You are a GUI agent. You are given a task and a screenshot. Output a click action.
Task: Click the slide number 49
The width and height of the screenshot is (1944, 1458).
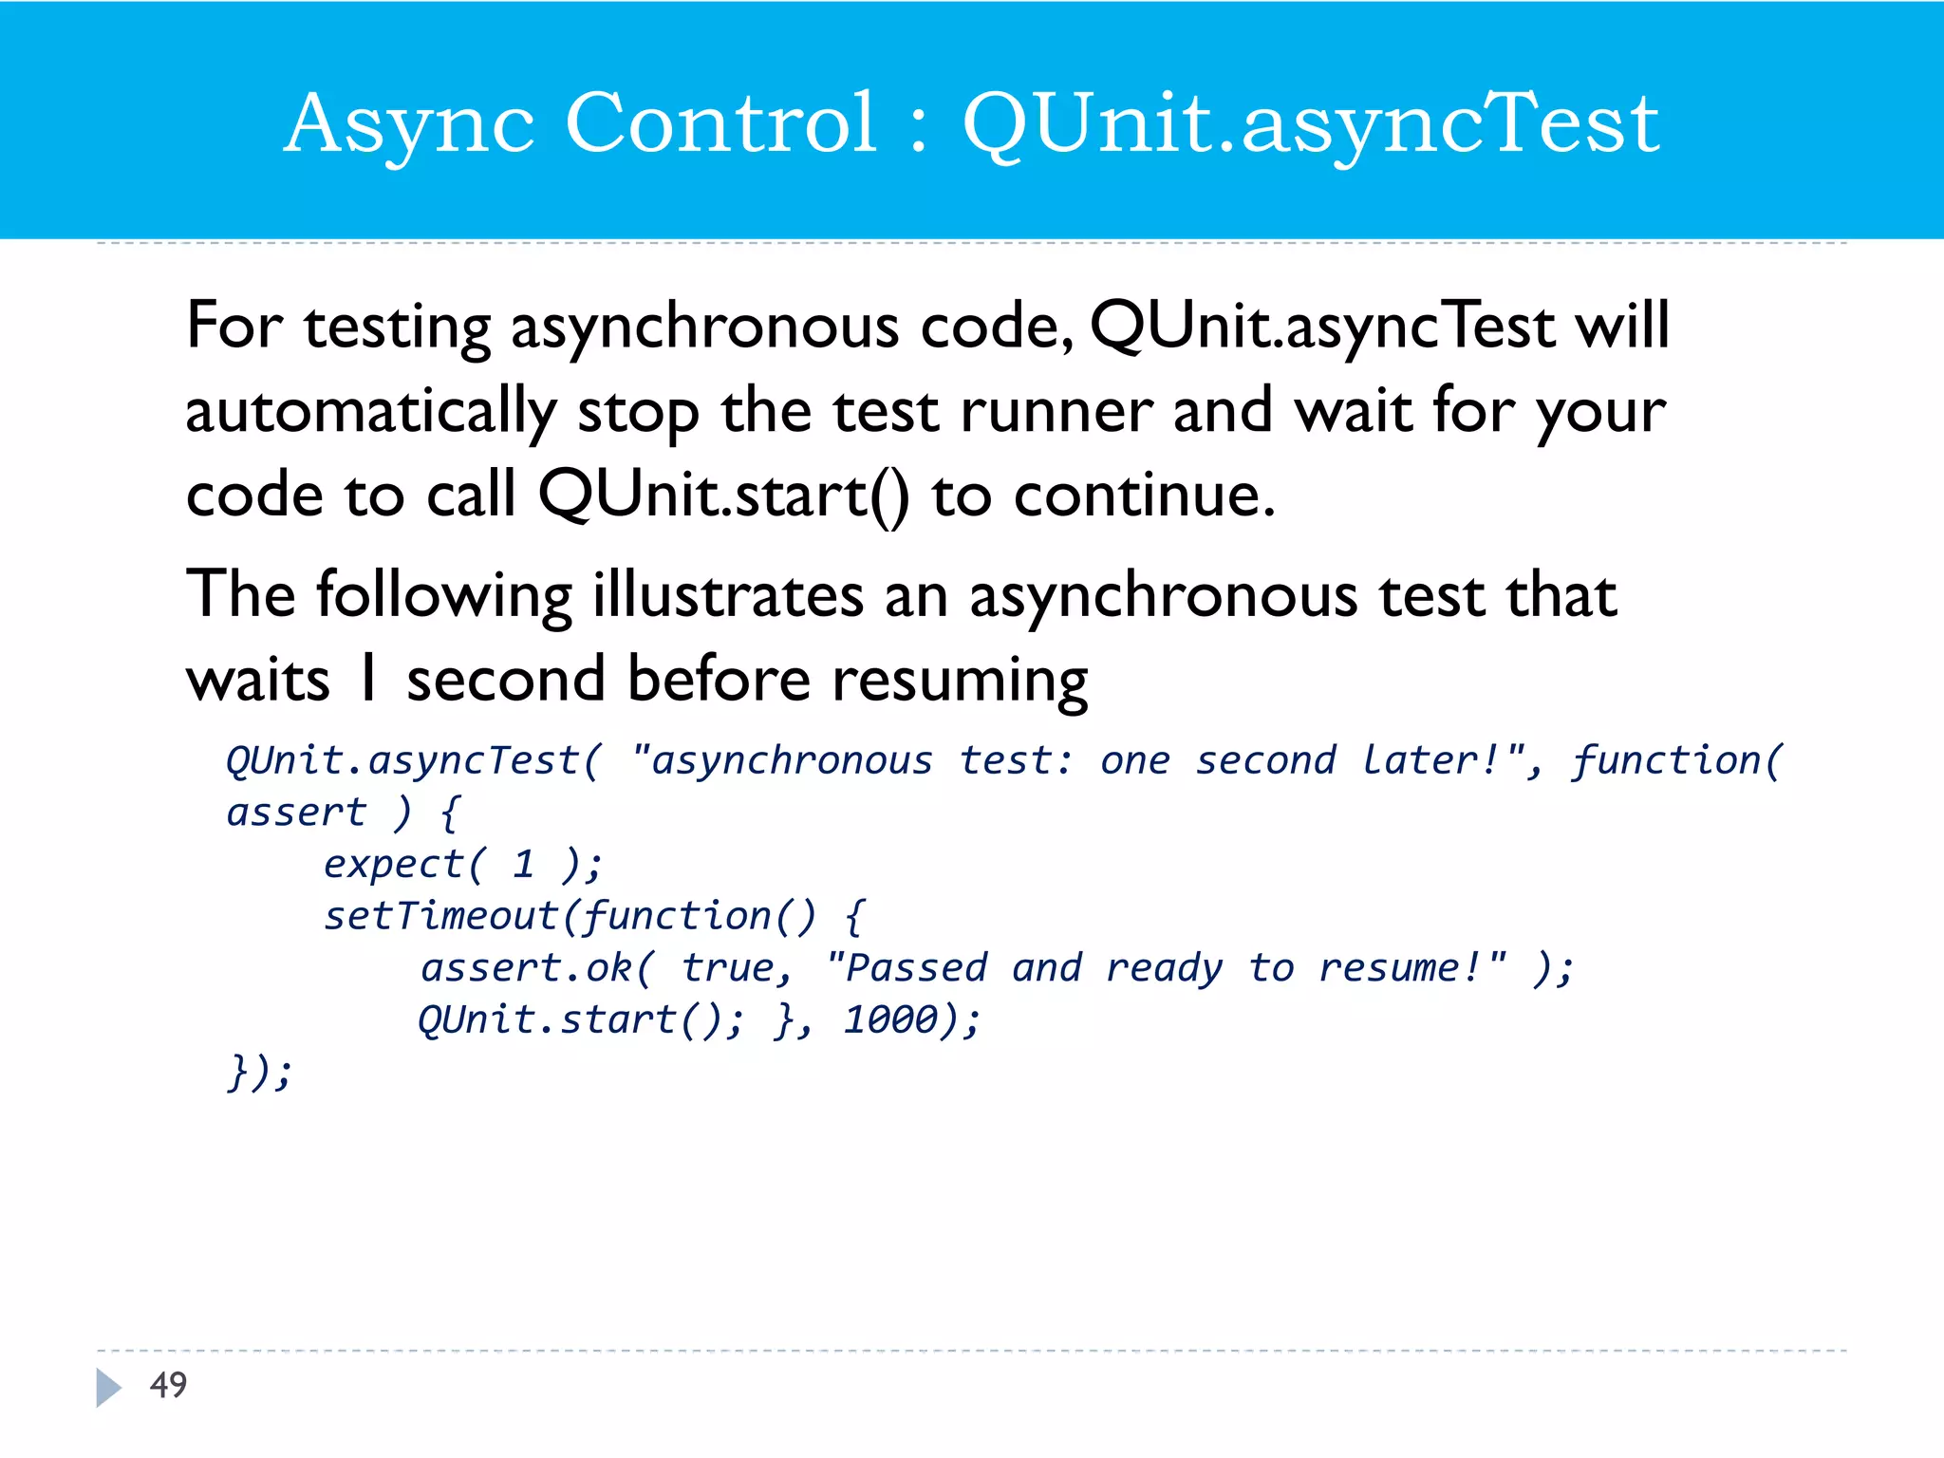pos(169,1385)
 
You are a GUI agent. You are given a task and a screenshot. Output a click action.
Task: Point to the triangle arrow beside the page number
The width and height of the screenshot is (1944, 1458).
pos(108,1387)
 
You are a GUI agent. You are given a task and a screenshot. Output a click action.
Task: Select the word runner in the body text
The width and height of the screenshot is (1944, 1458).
pos(1056,411)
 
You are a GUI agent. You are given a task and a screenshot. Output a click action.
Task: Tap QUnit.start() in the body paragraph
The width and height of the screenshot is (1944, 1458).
pos(723,495)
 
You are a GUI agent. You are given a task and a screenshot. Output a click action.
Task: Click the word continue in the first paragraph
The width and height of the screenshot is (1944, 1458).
pos(1143,495)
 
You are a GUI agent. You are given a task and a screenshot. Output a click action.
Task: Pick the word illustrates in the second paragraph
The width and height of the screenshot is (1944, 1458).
pos(728,595)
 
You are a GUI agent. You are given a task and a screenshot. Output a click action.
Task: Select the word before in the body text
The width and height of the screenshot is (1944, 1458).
pos(720,679)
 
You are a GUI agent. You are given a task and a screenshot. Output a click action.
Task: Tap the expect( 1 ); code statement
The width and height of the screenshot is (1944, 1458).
pos(462,864)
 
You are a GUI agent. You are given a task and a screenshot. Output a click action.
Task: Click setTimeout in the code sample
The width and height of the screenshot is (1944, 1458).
pos(440,916)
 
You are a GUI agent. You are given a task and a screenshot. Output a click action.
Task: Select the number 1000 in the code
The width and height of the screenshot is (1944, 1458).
pos(891,1019)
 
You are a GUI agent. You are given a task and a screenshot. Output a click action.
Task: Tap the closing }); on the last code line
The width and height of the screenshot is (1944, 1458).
pos(259,1073)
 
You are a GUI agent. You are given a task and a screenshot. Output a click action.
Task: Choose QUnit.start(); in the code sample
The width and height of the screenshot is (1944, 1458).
pos(581,1019)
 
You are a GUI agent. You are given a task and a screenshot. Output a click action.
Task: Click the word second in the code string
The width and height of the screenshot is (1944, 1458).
pos(1265,760)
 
